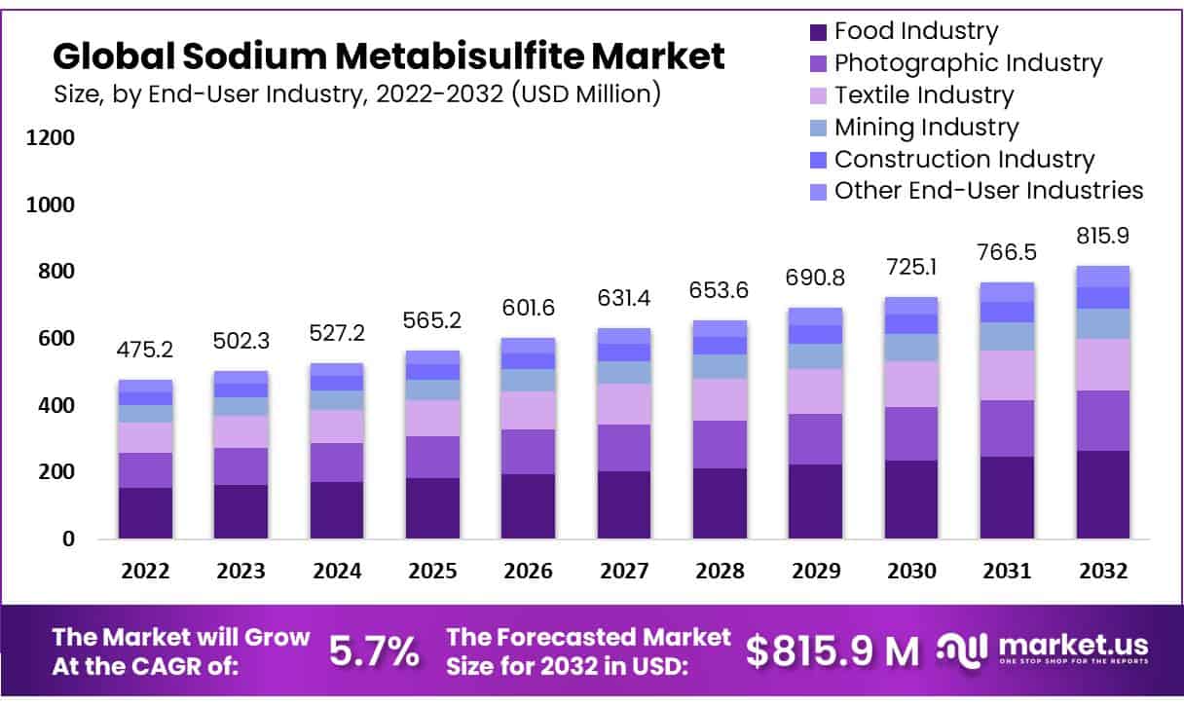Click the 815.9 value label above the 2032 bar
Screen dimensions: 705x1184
point(1102,237)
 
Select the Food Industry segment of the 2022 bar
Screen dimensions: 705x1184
point(145,512)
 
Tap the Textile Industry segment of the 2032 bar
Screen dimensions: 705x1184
point(1102,364)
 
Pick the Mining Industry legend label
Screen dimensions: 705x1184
point(926,128)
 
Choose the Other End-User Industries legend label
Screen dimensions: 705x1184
point(988,191)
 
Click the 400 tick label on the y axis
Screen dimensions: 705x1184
point(54,406)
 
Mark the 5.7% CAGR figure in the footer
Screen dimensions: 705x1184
point(373,651)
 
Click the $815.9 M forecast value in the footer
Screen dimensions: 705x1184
point(832,651)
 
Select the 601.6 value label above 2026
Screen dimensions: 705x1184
point(528,308)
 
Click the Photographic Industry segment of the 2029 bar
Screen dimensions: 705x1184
point(815,439)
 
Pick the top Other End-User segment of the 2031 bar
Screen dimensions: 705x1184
point(1007,292)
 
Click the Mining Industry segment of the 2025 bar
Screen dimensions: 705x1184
point(432,390)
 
